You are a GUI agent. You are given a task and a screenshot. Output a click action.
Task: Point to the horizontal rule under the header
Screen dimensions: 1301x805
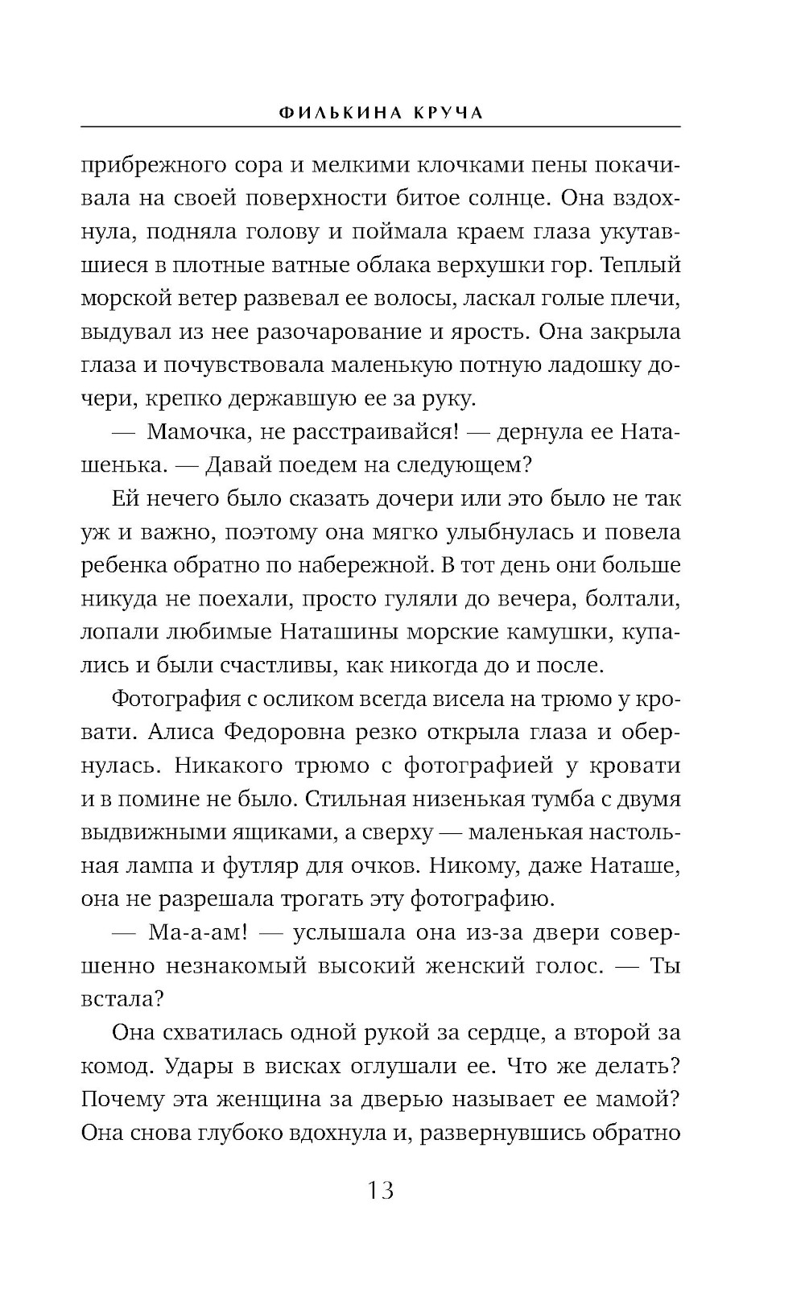click(x=381, y=127)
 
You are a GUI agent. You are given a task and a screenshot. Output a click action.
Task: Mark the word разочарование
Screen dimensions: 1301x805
click(x=427, y=332)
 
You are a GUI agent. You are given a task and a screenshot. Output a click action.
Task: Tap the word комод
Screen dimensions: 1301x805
click(x=116, y=1067)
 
